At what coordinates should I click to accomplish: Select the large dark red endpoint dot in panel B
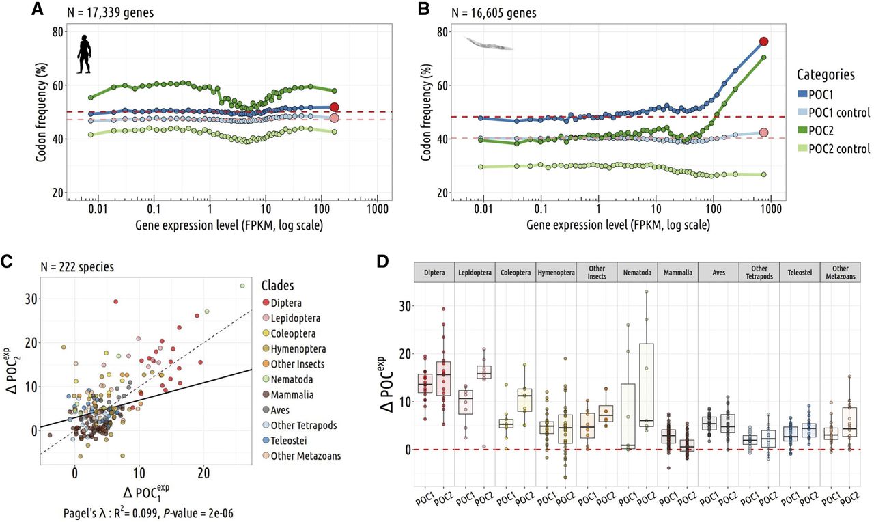pos(764,42)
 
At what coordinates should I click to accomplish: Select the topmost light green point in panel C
pos(242,286)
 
